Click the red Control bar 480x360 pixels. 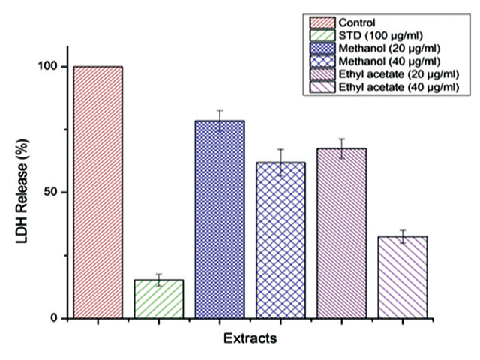97,192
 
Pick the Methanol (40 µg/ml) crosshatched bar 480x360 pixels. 280,240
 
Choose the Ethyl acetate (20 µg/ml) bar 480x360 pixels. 341,233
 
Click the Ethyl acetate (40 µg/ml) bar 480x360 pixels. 402,277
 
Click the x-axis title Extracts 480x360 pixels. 250,338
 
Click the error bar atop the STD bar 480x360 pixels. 159,280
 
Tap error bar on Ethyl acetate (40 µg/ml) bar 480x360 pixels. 402,236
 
